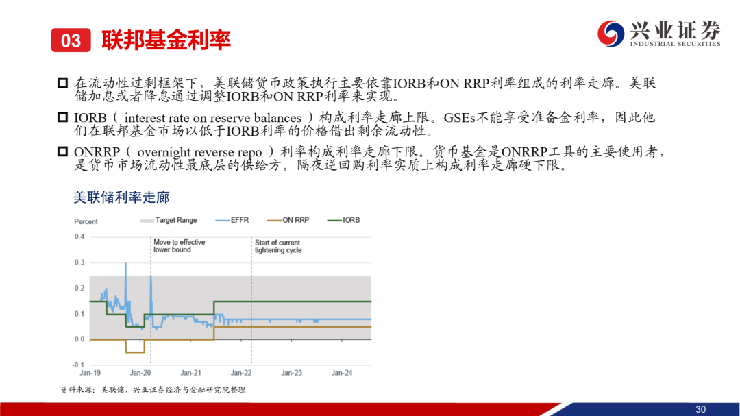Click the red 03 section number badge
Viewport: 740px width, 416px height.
[71, 40]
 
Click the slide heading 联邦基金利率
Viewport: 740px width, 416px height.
[166, 40]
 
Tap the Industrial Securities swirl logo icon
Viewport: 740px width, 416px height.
[610, 34]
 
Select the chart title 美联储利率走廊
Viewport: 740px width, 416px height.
[121, 197]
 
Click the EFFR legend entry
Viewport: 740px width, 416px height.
[232, 220]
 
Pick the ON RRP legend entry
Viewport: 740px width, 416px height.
[288, 220]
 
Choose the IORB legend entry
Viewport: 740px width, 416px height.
[343, 220]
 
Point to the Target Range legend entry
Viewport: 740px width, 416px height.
[169, 220]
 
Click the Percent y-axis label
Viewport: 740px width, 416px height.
[86, 221]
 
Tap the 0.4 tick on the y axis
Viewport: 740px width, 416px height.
[79, 237]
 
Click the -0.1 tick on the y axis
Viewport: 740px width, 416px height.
[78, 365]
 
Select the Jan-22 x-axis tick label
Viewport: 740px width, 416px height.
[241, 373]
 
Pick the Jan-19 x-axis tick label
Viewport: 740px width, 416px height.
[90, 373]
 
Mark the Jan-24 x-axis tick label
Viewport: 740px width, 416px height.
[342, 373]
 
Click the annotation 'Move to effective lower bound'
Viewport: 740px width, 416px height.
[180, 246]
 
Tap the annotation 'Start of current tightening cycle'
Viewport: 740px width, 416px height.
[278, 247]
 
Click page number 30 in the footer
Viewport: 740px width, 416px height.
[700, 409]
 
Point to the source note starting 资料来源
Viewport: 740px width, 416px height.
[153, 389]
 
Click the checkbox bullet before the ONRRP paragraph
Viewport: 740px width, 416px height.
[63, 151]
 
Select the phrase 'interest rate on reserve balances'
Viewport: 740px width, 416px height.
[213, 118]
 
